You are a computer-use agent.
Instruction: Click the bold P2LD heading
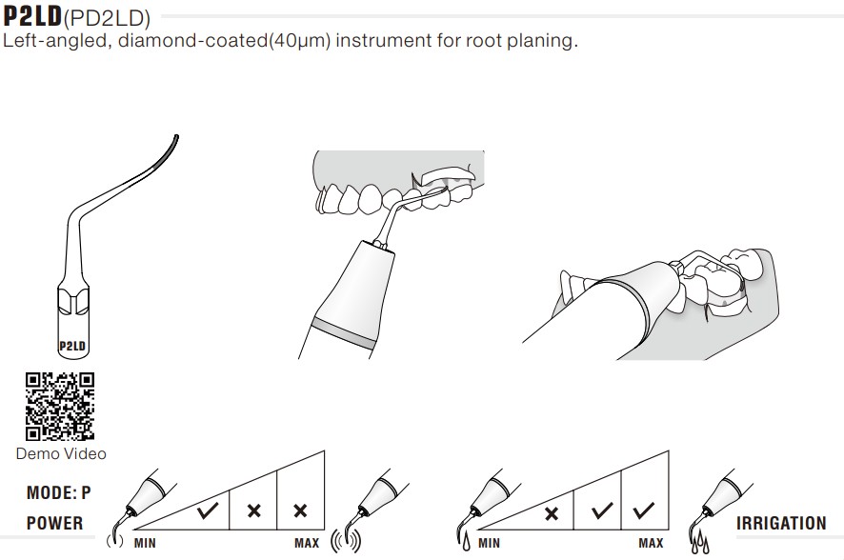coord(33,16)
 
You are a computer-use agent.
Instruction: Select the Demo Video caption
coord(61,454)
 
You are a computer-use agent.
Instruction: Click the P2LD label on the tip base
coord(74,346)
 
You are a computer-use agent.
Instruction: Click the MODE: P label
coord(59,493)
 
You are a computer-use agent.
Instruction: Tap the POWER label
coord(54,523)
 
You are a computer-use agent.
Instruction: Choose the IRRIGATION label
coord(781,523)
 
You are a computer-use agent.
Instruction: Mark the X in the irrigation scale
coord(550,514)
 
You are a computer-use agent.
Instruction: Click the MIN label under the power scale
coord(145,543)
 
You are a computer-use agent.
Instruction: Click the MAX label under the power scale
coord(307,543)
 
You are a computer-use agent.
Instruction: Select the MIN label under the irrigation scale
coord(489,543)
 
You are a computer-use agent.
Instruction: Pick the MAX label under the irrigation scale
coord(651,543)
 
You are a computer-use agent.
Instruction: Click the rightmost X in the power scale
coord(300,511)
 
